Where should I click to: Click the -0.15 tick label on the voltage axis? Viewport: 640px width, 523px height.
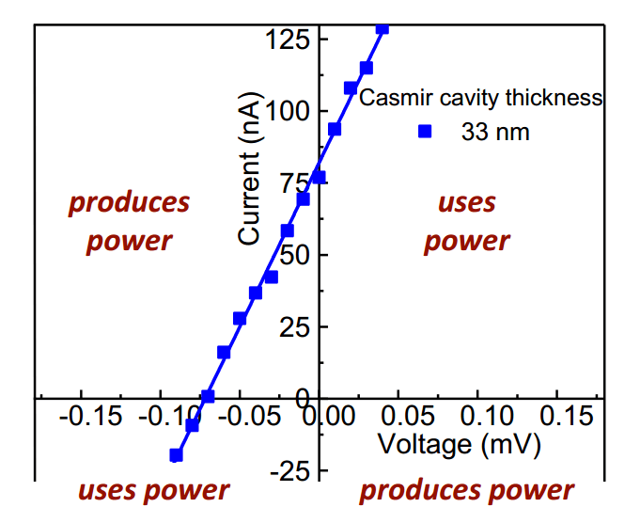[90, 416]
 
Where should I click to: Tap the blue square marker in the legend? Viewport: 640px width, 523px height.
[425, 133]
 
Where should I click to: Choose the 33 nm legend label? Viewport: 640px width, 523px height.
[494, 133]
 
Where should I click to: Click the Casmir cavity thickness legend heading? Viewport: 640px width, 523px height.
[481, 98]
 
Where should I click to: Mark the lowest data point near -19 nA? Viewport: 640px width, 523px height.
[176, 455]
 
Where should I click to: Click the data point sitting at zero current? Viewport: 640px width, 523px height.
[208, 397]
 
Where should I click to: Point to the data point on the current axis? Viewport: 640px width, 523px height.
[319, 177]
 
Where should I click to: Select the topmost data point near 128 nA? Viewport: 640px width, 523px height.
[382, 28]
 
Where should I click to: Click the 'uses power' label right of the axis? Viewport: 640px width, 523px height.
[467, 221]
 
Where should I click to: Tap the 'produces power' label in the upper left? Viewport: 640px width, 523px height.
[129, 221]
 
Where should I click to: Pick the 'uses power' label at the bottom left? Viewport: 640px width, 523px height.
[153, 490]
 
